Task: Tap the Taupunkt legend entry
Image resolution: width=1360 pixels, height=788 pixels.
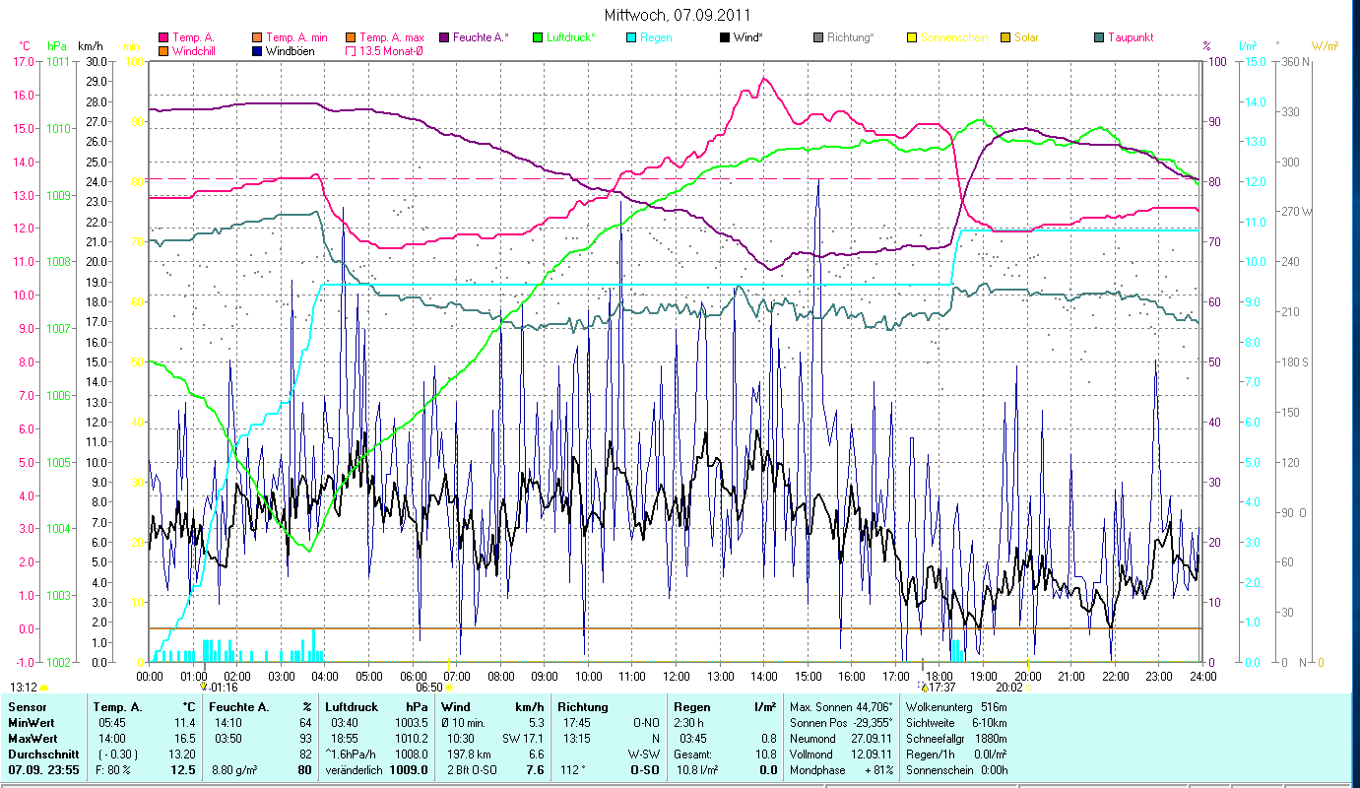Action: click(1130, 37)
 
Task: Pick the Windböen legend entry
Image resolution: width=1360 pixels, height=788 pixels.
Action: click(290, 50)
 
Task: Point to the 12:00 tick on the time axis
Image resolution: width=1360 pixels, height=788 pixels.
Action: click(676, 677)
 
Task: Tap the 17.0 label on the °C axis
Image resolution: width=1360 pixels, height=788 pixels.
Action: click(24, 61)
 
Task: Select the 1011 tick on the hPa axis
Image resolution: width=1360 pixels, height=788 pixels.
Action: click(58, 61)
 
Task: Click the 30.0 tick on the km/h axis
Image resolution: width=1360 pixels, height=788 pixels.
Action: click(96, 61)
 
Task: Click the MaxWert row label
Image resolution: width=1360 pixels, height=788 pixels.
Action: click(32, 738)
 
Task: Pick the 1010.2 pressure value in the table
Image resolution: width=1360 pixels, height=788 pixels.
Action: click(410, 738)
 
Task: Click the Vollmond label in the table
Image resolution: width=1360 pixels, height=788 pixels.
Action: click(812, 754)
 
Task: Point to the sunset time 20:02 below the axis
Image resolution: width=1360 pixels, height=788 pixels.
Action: click(1009, 689)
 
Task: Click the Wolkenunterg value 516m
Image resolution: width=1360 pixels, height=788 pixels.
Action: click(995, 707)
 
